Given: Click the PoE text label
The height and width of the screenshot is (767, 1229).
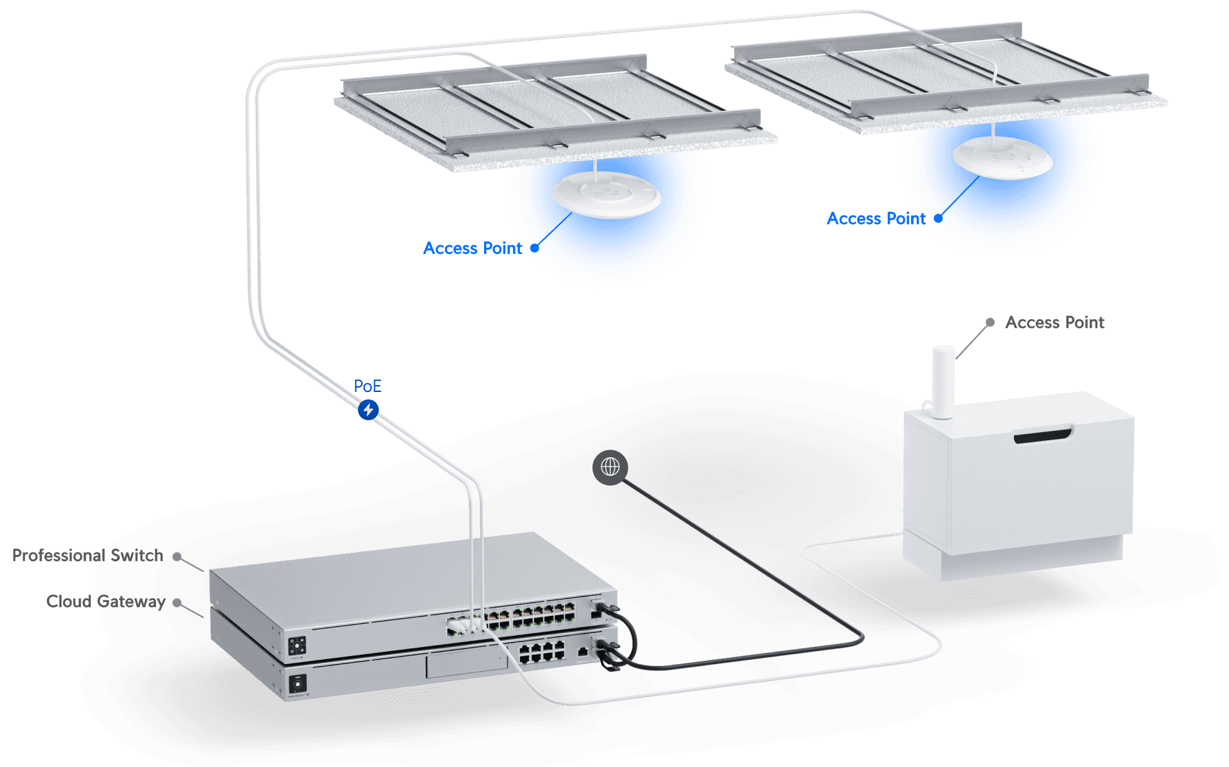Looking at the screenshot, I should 367,386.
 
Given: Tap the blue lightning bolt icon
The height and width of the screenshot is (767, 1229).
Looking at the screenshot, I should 368,410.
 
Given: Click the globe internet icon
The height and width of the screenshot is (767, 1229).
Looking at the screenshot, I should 609,467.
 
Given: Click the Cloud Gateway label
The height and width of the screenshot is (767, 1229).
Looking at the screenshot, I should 105,601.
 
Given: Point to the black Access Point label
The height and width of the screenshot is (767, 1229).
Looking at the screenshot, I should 1055,322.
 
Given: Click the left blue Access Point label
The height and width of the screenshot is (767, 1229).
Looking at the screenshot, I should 473,248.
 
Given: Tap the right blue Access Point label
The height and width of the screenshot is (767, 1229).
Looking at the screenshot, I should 876,218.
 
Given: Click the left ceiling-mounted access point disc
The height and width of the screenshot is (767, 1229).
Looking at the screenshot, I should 605,195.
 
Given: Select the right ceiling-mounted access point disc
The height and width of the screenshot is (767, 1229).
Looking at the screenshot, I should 1001,157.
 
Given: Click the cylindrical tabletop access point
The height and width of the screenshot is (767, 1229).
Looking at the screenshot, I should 942,381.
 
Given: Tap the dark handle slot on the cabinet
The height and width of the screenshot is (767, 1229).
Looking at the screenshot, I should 1043,435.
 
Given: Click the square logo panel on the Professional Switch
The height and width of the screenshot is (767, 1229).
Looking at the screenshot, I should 297,646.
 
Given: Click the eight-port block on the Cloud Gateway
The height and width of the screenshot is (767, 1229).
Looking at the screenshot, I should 542,652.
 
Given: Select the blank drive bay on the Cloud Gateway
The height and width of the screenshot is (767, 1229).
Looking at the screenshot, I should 467,664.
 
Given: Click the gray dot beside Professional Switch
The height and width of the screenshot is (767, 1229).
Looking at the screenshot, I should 177,556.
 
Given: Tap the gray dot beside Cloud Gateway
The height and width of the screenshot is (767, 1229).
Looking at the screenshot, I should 177,603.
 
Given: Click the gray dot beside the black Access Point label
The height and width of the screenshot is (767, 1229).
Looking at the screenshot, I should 989,322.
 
